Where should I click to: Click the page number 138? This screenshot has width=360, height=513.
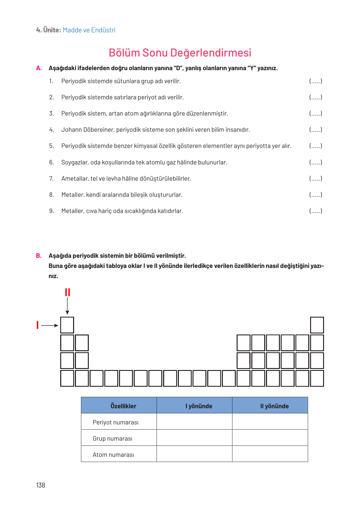pyautogui.click(x=41, y=485)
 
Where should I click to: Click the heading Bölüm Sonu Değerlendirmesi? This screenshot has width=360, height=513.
pyautogui.click(x=180, y=53)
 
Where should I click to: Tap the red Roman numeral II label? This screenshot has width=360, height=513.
pyautogui.click(x=67, y=292)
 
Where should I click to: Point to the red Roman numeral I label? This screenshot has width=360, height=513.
pyautogui.click(x=37, y=325)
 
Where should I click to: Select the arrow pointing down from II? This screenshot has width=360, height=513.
pyautogui.click(x=67, y=306)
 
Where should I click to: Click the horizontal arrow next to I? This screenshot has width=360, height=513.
pyautogui.click(x=50, y=325)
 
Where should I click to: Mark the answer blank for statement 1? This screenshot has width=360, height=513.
pyautogui.click(x=316, y=81)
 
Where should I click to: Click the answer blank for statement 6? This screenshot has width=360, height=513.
pyautogui.click(x=316, y=163)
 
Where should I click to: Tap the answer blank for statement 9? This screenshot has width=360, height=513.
pyautogui.click(x=316, y=211)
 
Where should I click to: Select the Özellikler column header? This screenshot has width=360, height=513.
pyautogui.click(x=123, y=406)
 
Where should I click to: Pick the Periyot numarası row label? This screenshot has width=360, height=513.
pyautogui.click(x=116, y=422)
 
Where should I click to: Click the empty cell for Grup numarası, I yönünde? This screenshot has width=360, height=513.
pyautogui.click(x=194, y=438)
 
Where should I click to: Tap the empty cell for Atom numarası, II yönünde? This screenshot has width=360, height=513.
pyautogui.click(x=270, y=454)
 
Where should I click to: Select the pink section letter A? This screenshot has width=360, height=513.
pyautogui.click(x=39, y=68)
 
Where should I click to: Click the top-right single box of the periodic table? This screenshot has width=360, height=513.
pyautogui.click(x=317, y=325)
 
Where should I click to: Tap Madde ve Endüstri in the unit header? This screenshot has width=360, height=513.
pyautogui.click(x=89, y=30)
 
